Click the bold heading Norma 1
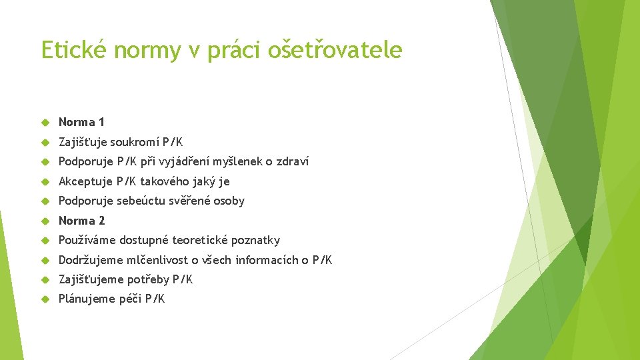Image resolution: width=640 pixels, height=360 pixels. pyautogui.click(x=81, y=122)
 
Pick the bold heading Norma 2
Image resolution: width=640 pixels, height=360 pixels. pyautogui.click(x=81, y=221)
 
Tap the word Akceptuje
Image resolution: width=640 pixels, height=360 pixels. pyautogui.click(x=85, y=181)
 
